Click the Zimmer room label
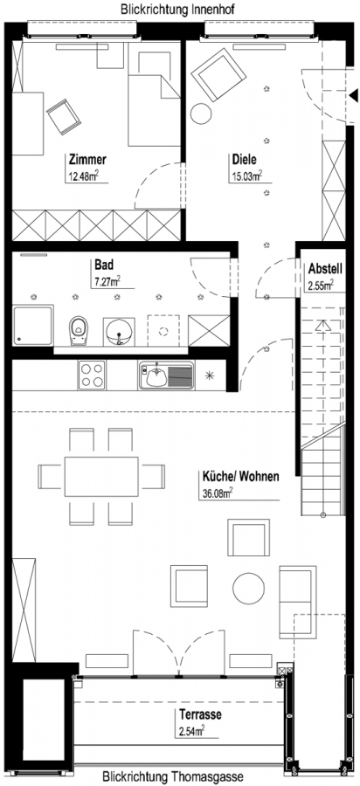coord(87,160)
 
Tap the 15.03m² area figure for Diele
coord(246,176)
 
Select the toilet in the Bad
coord(77,330)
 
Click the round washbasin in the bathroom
coord(120,331)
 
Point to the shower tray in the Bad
coord(32,326)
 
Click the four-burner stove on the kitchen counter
coord(92,375)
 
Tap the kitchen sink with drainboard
coord(165,376)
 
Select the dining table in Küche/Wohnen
coord(101,476)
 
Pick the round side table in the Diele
coord(202,113)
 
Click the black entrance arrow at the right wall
coord(354,94)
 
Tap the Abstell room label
coord(325,269)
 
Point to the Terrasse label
coord(200,714)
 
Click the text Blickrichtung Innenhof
coord(177,9)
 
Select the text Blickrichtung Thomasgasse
coord(173,777)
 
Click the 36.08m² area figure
coord(216,493)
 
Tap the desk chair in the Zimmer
coord(64,116)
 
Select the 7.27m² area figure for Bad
coord(107,281)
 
